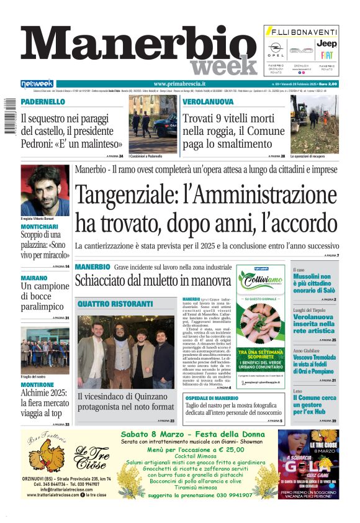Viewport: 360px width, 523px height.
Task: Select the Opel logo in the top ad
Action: coord(276,47)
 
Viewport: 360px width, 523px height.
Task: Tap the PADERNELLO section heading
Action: coord(43,102)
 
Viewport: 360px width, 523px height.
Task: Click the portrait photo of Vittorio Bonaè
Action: coord(45,190)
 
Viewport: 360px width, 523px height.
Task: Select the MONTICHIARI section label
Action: coord(41,227)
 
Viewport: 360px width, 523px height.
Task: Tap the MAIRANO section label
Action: coord(34,278)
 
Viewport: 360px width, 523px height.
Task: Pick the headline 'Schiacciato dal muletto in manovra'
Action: coord(153,280)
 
